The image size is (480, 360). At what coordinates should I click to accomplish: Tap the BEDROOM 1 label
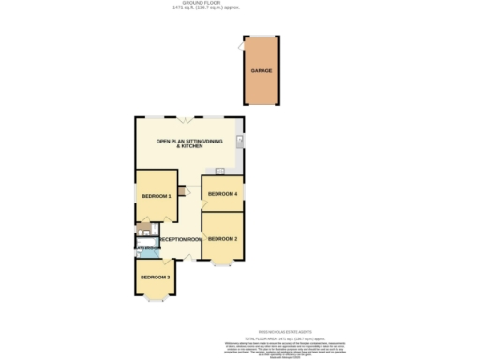coord(156,196)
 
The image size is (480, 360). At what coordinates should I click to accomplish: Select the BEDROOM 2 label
coord(222,239)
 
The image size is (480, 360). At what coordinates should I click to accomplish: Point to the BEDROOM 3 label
coord(155,277)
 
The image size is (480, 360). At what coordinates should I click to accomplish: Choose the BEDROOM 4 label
coord(222,194)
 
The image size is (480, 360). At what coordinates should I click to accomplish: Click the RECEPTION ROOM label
coord(181,240)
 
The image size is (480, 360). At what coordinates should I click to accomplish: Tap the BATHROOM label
coord(144,248)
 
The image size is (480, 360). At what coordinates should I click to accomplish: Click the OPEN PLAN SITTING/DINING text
coord(189,142)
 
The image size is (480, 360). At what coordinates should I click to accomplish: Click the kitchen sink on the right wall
coord(240,142)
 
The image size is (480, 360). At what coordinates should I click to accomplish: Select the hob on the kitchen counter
coord(218,171)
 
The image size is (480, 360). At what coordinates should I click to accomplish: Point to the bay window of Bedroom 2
coord(222,264)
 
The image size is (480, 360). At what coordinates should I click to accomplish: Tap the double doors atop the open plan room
coord(187,117)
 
